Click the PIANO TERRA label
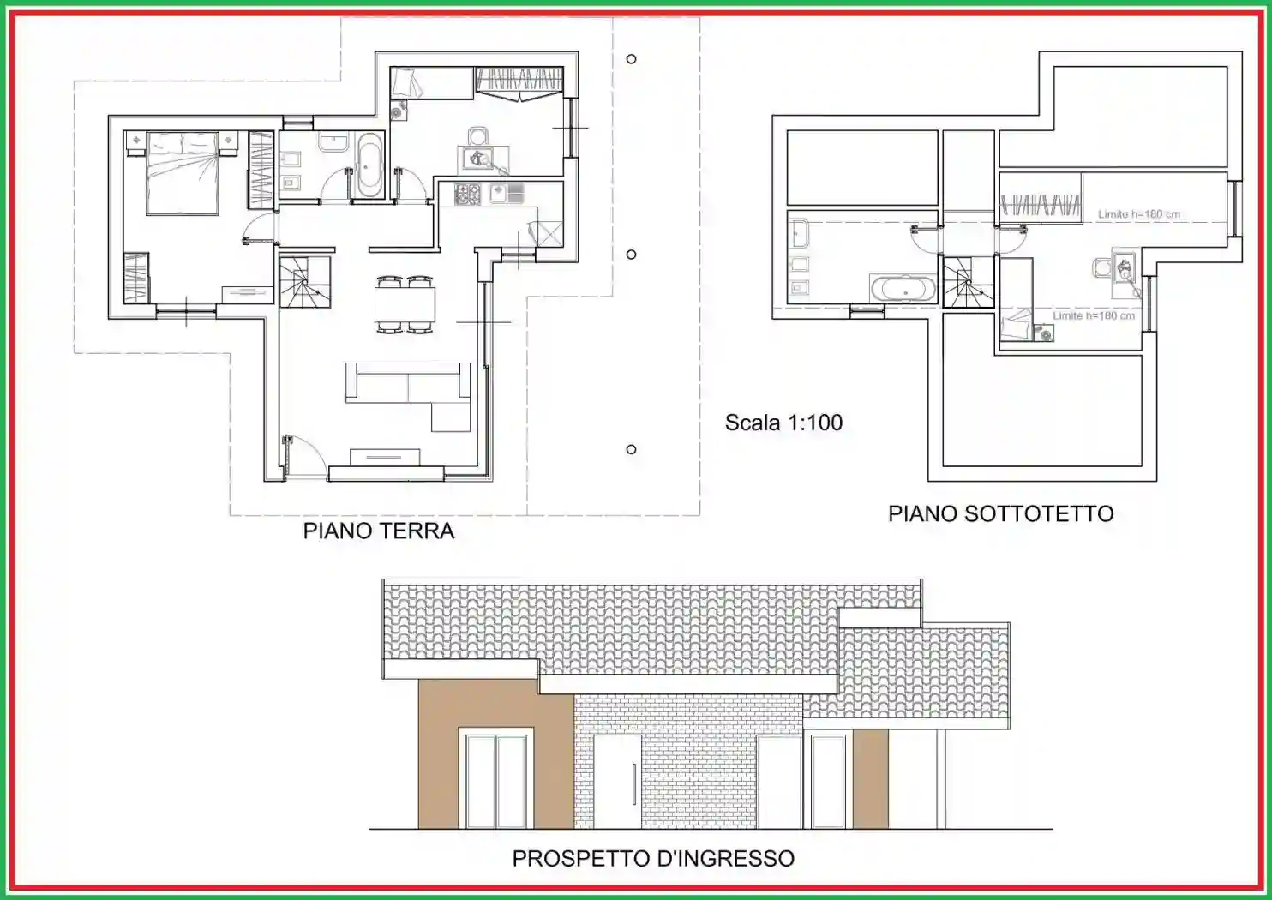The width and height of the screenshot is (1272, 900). (378, 531)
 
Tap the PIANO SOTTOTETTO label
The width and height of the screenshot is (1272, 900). (1000, 513)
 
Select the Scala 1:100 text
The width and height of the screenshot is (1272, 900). (783, 423)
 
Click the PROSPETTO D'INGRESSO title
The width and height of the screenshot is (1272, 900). (653, 858)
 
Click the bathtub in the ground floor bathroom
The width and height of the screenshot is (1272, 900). (369, 165)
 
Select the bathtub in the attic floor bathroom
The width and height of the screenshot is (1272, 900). (903, 288)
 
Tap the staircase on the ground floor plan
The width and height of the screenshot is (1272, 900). (304, 282)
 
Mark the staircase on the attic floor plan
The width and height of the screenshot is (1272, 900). (969, 282)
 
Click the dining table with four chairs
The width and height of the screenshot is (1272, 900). (405, 304)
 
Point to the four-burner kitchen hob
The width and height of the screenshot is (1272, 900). (467, 194)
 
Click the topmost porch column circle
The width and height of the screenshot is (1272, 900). (632, 59)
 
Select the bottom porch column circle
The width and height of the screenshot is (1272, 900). (632, 449)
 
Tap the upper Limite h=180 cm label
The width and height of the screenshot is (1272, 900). (1138, 214)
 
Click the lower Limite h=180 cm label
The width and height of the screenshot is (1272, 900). (1094, 315)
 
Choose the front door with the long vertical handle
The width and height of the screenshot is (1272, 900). (617, 782)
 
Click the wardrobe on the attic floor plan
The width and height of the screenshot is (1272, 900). (1040, 206)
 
